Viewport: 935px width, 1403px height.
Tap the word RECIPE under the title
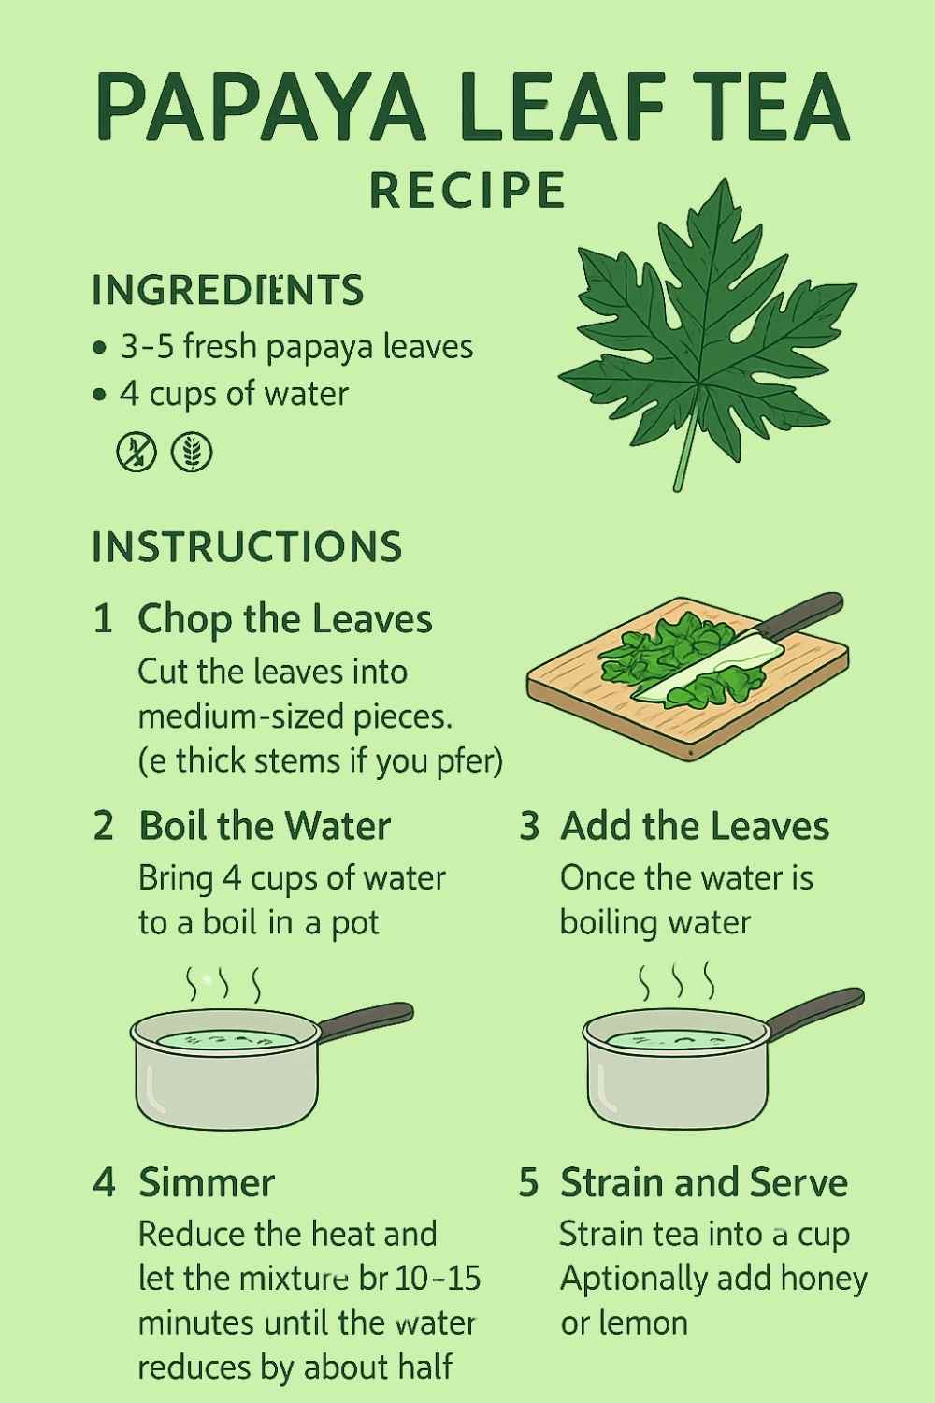point(467,190)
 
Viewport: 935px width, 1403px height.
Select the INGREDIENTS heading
point(227,290)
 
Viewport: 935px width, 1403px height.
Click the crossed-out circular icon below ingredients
point(137,452)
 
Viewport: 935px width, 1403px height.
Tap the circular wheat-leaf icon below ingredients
point(192,452)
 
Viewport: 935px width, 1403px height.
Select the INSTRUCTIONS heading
point(247,547)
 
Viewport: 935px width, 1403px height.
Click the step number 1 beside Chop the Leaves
point(103,619)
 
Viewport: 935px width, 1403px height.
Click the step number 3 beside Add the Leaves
point(529,826)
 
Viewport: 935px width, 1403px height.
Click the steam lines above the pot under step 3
point(676,982)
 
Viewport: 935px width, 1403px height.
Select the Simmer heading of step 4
point(207,1182)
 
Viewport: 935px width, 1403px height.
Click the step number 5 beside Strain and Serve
point(528,1182)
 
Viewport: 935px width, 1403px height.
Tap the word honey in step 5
point(824,1279)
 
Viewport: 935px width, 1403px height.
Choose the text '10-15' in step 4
point(438,1279)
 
